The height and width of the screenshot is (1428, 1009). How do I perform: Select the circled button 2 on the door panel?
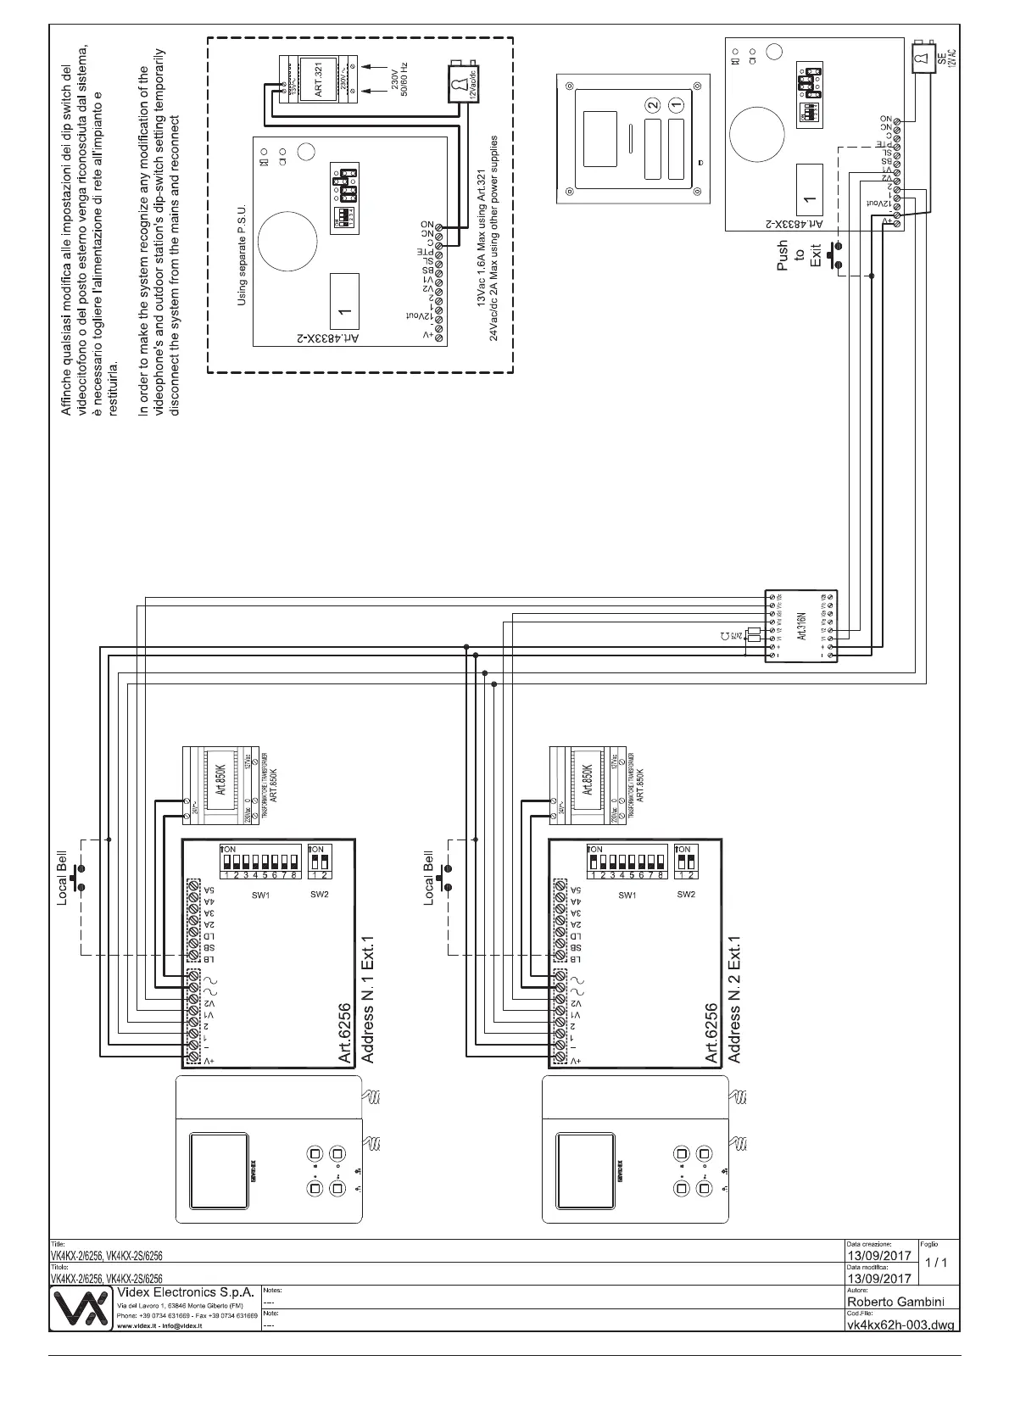pos(651,105)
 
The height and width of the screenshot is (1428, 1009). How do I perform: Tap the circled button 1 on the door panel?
pos(676,105)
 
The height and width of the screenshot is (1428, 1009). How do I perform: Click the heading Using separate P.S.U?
pos(242,254)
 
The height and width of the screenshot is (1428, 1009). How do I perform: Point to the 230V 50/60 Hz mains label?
pos(398,82)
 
